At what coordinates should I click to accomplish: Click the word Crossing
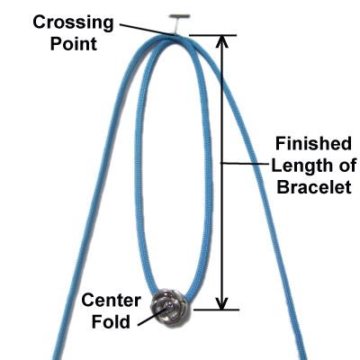coord(73,22)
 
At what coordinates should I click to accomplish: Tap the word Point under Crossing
coord(74,44)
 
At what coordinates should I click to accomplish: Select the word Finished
coord(313,144)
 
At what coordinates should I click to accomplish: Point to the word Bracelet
coord(314,187)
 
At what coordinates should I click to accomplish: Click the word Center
coord(111,301)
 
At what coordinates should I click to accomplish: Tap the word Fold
coord(111,322)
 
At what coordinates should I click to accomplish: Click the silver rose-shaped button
coord(169,307)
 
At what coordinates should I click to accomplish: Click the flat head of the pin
coord(179,15)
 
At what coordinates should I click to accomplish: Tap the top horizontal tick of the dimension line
coord(213,35)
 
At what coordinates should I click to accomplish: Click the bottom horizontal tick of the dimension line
coord(216,310)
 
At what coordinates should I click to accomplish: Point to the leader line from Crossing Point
coord(147,30)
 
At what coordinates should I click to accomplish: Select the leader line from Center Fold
coord(152,317)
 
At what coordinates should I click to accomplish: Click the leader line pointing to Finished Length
coord(245,164)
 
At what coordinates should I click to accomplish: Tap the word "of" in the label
coord(349,166)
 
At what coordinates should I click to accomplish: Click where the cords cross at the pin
coord(173,36)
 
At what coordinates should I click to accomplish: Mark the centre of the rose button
coord(169,307)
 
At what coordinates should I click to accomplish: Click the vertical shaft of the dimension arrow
coord(222,173)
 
